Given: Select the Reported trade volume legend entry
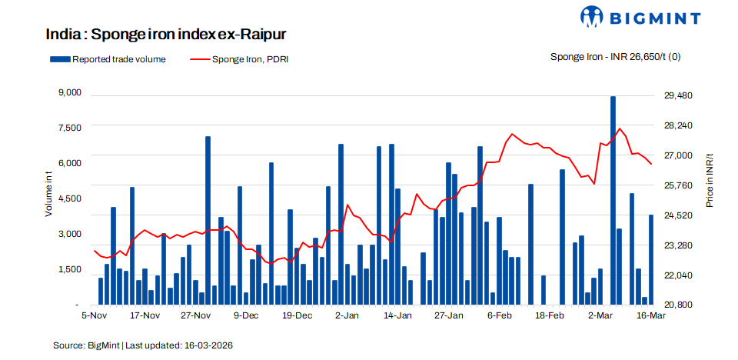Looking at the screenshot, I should (108, 58).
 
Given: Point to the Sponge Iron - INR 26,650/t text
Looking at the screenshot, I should (615, 57).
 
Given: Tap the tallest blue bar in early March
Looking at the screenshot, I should (613, 200).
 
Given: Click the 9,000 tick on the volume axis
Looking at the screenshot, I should (69, 93).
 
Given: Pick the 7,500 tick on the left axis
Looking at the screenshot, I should (69, 128).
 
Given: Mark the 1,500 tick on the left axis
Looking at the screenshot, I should (69, 269).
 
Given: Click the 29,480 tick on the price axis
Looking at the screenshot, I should (678, 95).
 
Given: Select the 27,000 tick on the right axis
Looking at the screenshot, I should (678, 155).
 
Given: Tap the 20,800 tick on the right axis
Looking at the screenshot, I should (678, 305).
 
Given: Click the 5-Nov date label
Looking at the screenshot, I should (94, 315).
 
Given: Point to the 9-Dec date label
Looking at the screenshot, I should (247, 315).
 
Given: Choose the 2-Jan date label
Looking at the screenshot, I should (347, 315).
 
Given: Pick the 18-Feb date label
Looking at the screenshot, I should (550, 315).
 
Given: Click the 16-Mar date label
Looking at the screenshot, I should (652, 315).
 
